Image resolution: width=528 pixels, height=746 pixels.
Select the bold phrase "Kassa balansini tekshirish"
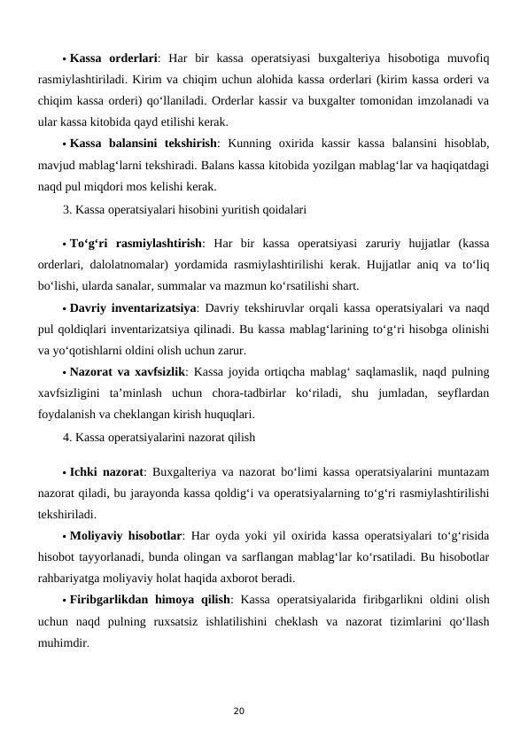[x=144, y=144]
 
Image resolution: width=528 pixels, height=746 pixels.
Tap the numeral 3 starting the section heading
[x=67, y=211]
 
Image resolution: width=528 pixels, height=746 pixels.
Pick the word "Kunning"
[x=261, y=144]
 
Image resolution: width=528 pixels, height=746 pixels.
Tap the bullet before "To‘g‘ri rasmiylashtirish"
[x=65, y=245]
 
